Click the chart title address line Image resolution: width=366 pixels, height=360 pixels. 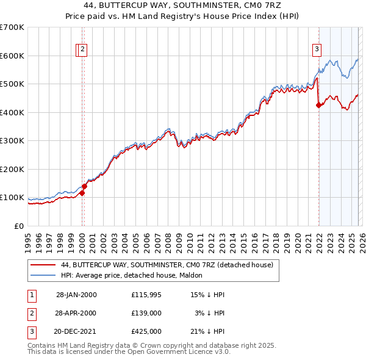tap(183, 5)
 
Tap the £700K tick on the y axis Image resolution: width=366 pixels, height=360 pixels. tap(12, 27)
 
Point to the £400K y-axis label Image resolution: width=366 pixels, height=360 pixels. tap(12, 112)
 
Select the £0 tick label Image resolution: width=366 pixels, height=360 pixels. tap(19, 226)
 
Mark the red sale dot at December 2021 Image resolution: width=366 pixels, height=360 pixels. tap(318, 105)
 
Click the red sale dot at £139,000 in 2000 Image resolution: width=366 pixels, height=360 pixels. tap(84, 186)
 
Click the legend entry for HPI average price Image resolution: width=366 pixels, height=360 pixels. tap(134, 275)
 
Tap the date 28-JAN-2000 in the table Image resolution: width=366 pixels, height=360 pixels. tap(76, 295)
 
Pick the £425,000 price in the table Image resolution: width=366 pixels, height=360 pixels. tap(146, 331)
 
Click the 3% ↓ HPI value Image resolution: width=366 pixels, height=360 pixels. tap(210, 313)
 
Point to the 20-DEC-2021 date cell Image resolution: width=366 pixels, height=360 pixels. tap(76, 331)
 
